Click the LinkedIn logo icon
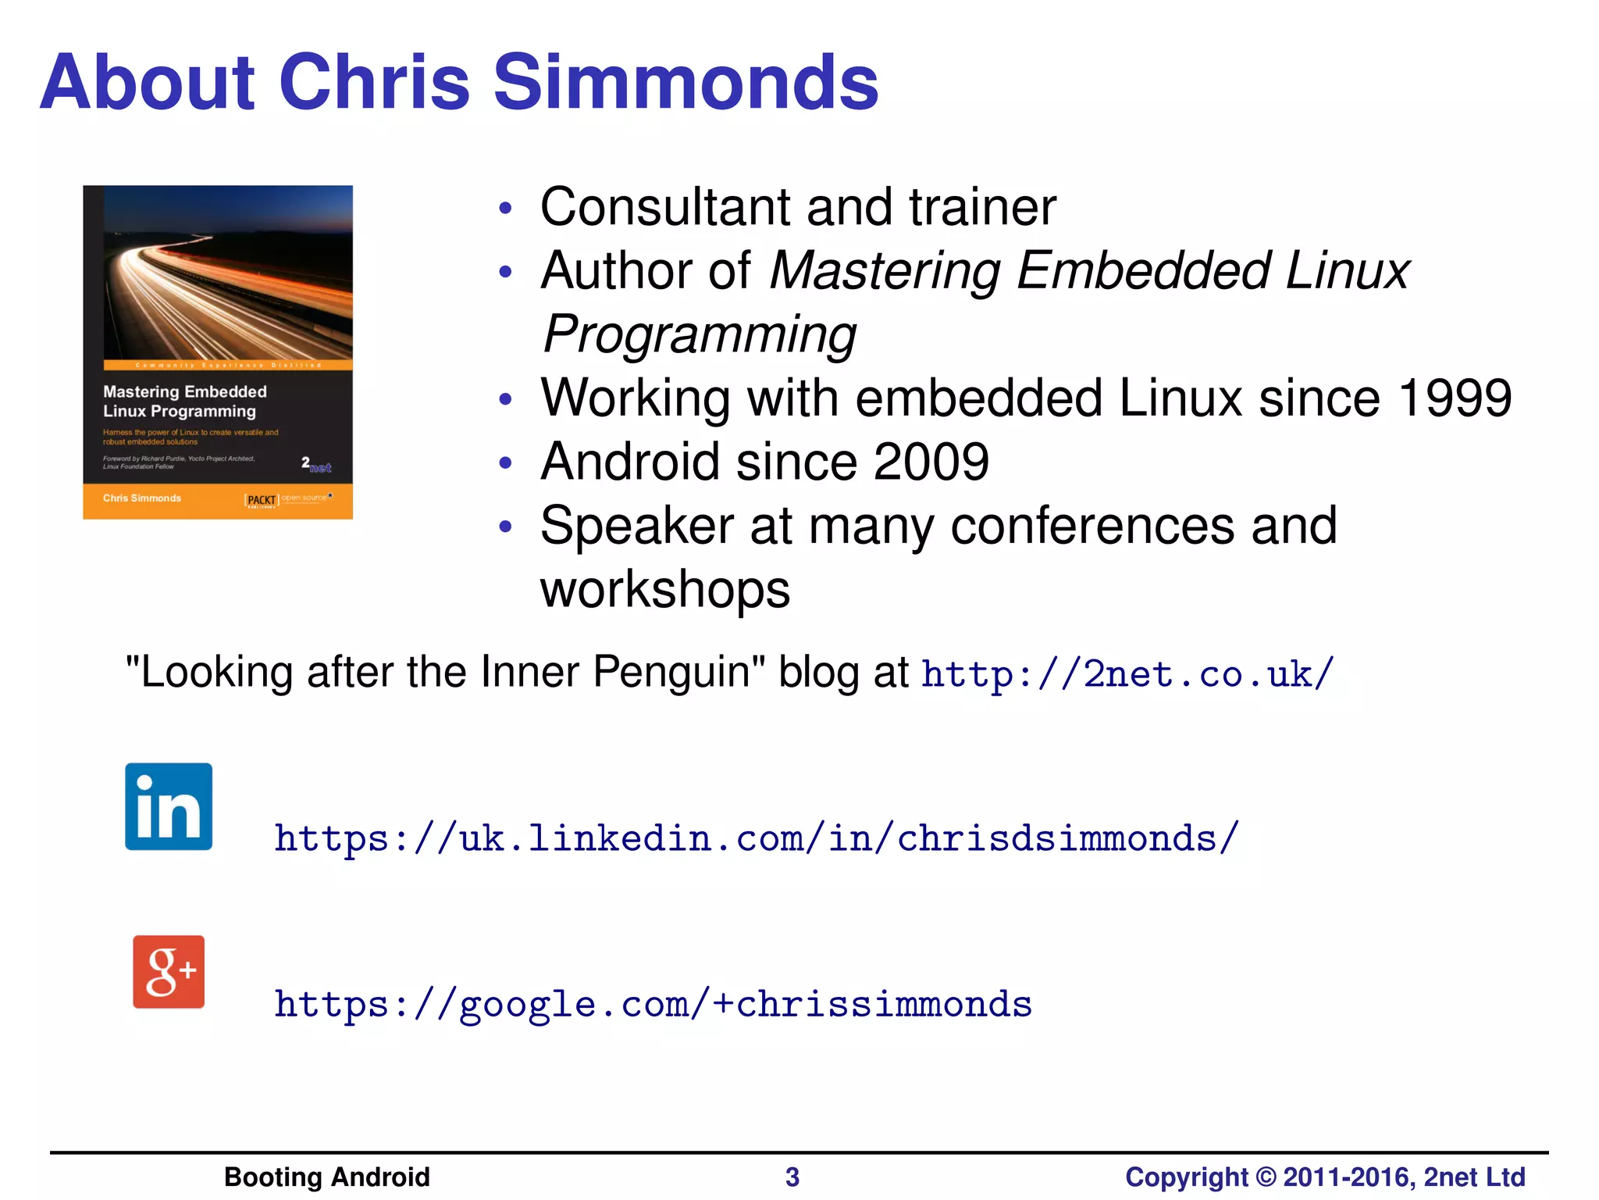click(x=169, y=806)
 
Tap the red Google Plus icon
click(x=169, y=972)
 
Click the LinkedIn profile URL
click(x=756, y=838)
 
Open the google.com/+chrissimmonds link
click(x=653, y=1004)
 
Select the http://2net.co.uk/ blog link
click(x=1127, y=673)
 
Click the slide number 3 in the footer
click(x=792, y=1177)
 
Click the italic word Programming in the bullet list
click(x=700, y=334)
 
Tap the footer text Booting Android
click(x=326, y=1177)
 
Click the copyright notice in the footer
click(x=1324, y=1177)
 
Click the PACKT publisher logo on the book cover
click(x=262, y=500)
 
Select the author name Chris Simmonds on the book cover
click(x=142, y=498)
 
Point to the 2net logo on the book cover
click(x=316, y=465)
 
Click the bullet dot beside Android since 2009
click(x=505, y=462)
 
